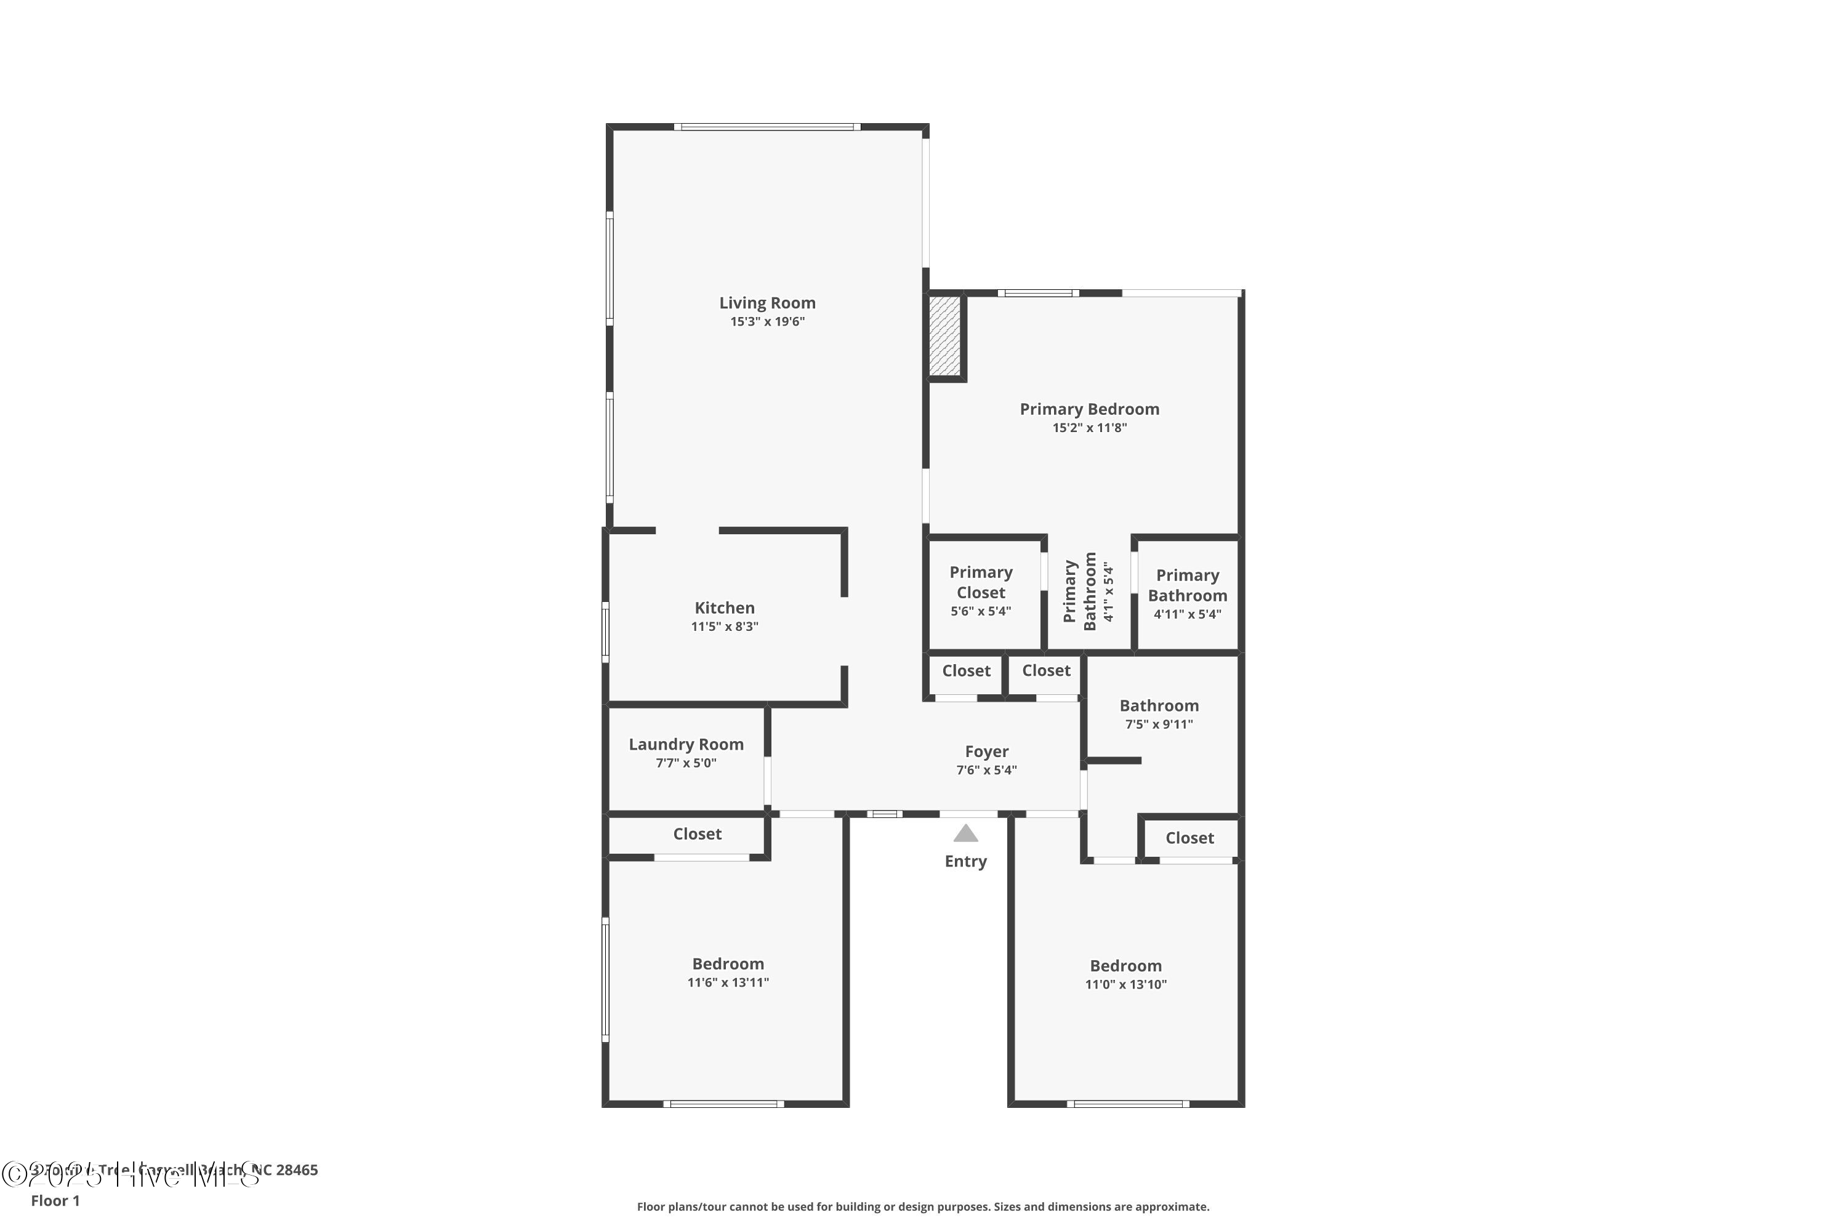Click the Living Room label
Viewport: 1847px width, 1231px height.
(767, 303)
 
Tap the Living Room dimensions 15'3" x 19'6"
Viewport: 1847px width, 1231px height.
(767, 322)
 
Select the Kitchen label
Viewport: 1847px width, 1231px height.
(724, 607)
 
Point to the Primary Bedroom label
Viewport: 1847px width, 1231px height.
(1089, 409)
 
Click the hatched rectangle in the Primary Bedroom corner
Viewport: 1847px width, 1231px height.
(944, 335)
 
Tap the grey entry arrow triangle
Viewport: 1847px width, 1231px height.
(965, 833)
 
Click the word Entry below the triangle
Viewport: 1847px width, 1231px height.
(965, 861)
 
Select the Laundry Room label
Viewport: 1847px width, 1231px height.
(686, 744)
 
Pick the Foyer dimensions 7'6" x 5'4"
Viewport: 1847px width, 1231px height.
(986, 770)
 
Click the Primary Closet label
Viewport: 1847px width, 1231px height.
(981, 582)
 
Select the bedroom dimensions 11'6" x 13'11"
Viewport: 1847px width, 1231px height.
(728, 982)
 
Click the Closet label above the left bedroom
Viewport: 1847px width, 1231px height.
(696, 834)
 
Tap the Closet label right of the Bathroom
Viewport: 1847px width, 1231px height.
(1189, 838)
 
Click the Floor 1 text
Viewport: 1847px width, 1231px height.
(55, 1200)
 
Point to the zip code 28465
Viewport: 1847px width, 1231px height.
(297, 1170)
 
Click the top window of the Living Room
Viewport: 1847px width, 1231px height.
(767, 126)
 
